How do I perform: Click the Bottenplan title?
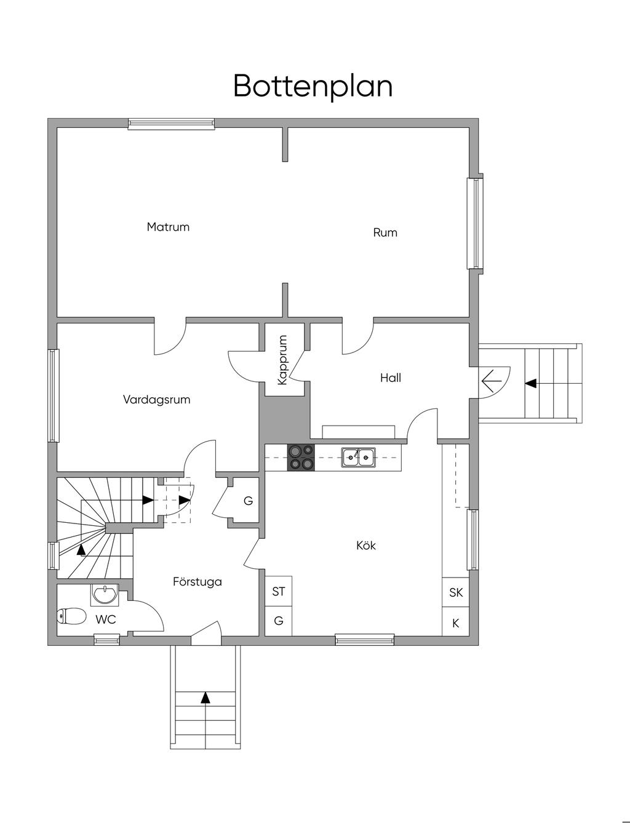coord(313,86)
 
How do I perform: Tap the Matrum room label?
coord(168,227)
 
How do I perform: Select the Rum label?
coord(385,233)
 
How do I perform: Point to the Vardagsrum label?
coord(156,400)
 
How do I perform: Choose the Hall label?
coord(391,378)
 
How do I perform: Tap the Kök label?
coord(366,546)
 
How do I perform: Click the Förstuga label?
coord(197,582)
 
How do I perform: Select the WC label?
coord(106,620)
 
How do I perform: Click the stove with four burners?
coord(301,457)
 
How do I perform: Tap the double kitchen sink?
coord(359,456)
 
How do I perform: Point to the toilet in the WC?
coord(71,616)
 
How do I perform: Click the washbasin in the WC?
coord(106,595)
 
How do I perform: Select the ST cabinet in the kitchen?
coord(279,592)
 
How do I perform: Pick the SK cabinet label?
coord(456,593)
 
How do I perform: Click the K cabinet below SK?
coord(456,623)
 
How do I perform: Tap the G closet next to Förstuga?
coord(248,501)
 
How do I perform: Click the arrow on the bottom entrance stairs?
coord(205,698)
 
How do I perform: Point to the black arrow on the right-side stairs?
coord(530,383)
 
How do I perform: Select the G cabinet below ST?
coord(279,621)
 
